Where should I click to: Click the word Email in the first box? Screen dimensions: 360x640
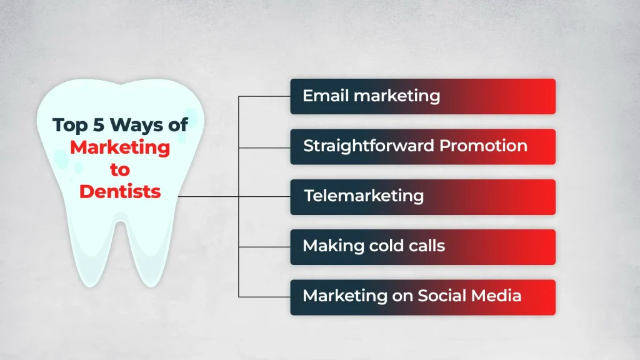click(322, 96)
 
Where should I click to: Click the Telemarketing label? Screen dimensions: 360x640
click(364, 196)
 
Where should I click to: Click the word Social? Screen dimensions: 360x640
click(444, 296)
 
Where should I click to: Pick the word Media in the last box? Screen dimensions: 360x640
click(497, 296)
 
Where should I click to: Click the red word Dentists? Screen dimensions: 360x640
click(120, 191)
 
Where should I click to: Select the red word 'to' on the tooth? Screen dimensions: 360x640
click(120, 169)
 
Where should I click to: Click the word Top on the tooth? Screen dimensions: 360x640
click(70, 125)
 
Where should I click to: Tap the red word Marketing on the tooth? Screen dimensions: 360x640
click(120, 147)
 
